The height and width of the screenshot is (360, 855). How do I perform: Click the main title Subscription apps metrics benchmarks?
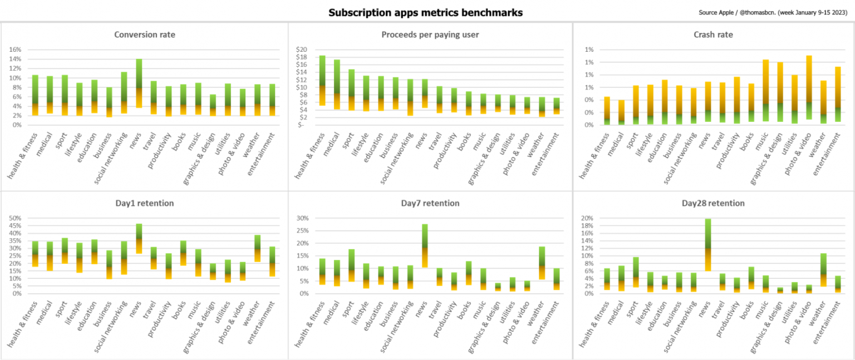(425, 12)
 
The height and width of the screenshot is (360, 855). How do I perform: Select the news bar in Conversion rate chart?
(139, 83)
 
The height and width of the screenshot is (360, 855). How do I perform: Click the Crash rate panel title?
(717, 34)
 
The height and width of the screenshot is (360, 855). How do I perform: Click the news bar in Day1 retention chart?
(139, 239)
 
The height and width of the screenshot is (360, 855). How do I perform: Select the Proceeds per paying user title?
(430, 34)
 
